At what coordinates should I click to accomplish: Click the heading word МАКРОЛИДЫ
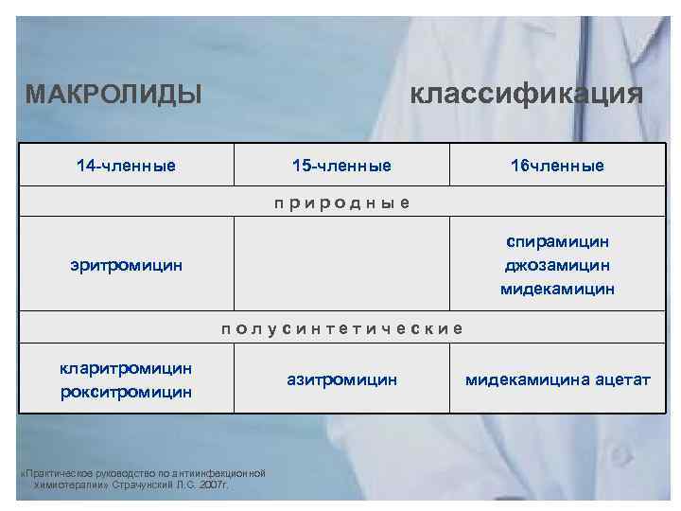point(113,95)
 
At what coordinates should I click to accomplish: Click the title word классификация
point(526,94)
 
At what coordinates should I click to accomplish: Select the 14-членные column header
point(126,166)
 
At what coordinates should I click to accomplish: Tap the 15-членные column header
point(341,166)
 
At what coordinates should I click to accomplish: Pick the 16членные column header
point(557,166)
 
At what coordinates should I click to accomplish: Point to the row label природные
point(341,203)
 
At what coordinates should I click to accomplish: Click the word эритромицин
point(126,266)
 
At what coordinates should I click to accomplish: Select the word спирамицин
point(557,243)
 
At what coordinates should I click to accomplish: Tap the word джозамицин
point(557,266)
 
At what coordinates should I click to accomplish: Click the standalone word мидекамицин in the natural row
point(557,289)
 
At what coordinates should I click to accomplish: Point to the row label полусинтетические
point(341,328)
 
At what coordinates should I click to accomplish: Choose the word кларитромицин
point(126,367)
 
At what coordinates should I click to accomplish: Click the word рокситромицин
point(126,390)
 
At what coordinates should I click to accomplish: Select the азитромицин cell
point(341,379)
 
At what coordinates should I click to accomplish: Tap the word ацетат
point(622,379)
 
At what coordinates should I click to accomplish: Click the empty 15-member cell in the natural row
point(341,266)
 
